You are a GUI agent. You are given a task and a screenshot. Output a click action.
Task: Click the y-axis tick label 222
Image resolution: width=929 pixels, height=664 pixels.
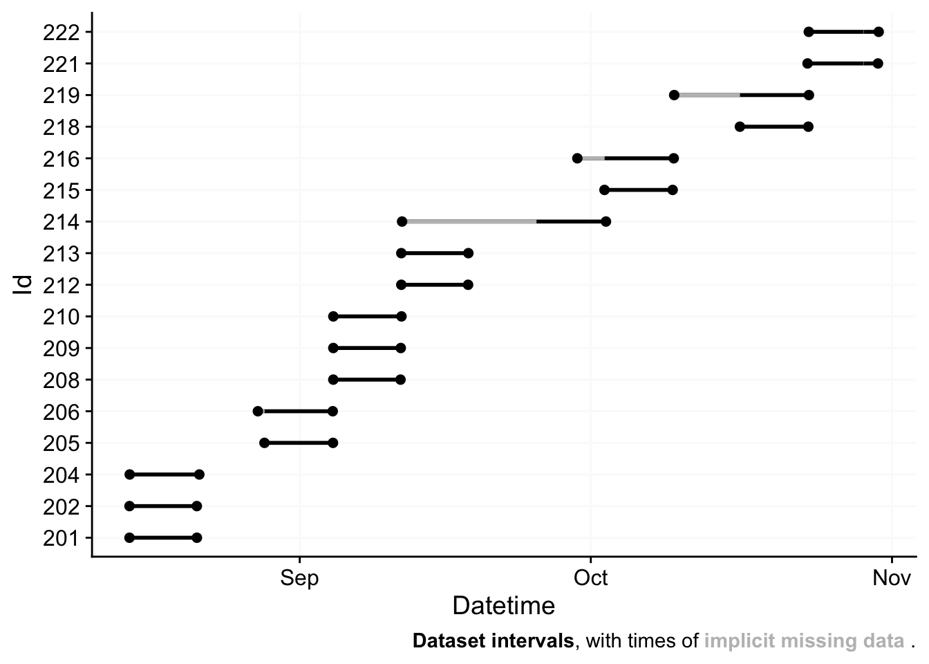(61, 32)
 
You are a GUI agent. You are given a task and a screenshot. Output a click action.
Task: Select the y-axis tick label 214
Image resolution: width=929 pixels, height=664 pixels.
(61, 222)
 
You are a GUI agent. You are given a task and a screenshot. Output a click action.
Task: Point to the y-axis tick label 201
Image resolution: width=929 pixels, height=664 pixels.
(61, 538)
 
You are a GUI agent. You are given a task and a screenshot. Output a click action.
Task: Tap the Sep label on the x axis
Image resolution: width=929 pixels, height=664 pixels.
(299, 578)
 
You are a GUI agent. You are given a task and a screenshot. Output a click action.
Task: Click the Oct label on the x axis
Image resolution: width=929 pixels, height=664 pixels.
(591, 578)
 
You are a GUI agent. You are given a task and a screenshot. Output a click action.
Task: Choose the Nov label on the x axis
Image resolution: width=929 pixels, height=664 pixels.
(892, 578)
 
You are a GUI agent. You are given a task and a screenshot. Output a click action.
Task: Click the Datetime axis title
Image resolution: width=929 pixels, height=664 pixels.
(503, 606)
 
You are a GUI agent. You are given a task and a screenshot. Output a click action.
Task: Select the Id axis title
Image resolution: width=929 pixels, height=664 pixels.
(24, 285)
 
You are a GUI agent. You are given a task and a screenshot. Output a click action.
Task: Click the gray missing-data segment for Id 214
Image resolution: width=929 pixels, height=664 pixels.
(469, 221)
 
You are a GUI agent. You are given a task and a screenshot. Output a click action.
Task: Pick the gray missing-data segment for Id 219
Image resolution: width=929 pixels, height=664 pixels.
(707, 95)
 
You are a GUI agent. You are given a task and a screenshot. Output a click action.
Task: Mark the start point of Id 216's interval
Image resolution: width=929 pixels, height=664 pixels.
(577, 158)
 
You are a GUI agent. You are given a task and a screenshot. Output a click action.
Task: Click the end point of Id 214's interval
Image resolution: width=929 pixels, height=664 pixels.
(606, 221)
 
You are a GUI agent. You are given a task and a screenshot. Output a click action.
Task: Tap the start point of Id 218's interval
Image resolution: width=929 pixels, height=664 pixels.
(740, 127)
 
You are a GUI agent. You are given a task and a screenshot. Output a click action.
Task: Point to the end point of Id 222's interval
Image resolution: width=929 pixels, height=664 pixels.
(879, 32)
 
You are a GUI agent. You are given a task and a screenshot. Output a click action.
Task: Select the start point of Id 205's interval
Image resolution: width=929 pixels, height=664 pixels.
(264, 443)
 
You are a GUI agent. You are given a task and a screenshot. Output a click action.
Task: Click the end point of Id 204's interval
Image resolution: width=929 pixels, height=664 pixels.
(199, 474)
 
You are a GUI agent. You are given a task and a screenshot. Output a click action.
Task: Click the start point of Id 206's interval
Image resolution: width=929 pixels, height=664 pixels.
(258, 412)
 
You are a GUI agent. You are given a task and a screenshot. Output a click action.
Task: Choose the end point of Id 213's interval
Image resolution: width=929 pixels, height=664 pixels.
(468, 253)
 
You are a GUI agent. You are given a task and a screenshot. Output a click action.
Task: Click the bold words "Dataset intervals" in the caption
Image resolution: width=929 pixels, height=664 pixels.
(493, 641)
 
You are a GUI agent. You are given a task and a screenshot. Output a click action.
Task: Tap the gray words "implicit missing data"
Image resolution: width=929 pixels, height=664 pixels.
(804, 641)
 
